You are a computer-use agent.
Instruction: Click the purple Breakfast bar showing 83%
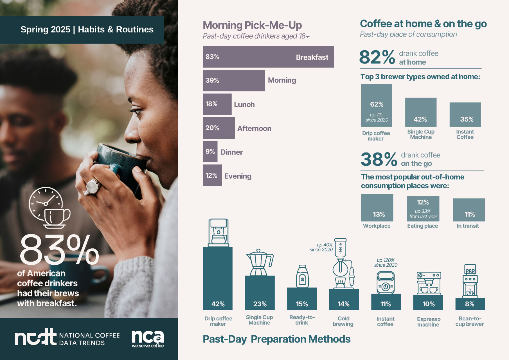[x=268, y=57]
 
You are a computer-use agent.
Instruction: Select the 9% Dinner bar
[x=210, y=152]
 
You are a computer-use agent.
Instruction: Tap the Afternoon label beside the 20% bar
[x=254, y=129]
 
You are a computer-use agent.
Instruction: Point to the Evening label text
[x=238, y=176]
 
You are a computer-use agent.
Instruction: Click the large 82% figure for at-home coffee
[x=377, y=57]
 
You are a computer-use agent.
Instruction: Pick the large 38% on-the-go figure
[x=379, y=159]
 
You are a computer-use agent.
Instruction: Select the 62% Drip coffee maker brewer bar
[x=376, y=105]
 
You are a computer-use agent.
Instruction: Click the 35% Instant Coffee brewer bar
[x=465, y=114]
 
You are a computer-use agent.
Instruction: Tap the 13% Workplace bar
[x=377, y=208]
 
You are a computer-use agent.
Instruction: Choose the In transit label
[x=468, y=226]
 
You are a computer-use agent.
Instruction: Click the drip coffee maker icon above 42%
[x=218, y=233]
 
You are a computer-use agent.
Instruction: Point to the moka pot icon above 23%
[x=260, y=262]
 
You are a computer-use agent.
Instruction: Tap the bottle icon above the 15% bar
[x=302, y=276]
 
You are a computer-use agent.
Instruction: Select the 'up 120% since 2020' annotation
[x=386, y=263]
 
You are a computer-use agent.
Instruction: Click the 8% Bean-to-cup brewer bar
[x=470, y=304]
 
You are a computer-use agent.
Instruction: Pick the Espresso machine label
[x=428, y=322]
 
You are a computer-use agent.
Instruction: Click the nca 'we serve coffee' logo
[x=148, y=339]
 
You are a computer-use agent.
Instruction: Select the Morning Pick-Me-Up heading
[x=252, y=25]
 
